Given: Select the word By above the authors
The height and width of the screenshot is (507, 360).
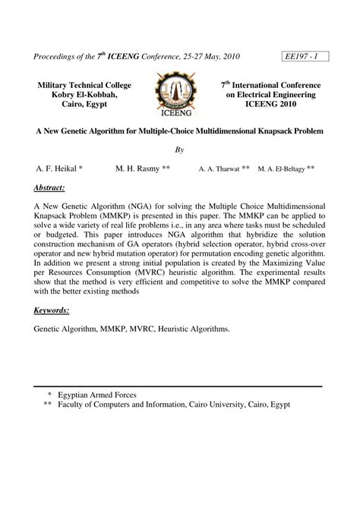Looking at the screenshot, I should (x=180, y=150).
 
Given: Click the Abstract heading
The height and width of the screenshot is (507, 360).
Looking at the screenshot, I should (x=49, y=187).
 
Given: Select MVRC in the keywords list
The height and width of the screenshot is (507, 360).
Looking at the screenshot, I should (x=147, y=330).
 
